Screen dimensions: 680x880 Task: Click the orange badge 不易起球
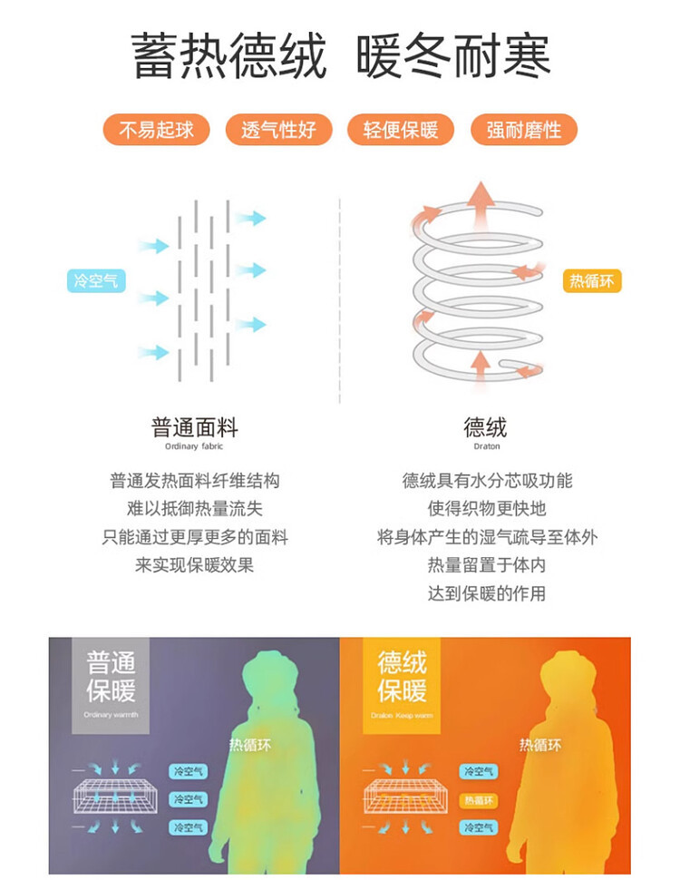[x=156, y=130]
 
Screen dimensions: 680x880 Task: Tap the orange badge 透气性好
[x=278, y=130]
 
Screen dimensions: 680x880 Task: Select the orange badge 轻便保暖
[x=401, y=130]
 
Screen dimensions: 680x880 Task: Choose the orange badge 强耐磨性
[x=523, y=130]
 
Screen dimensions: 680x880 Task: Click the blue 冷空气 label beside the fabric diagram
[x=95, y=281]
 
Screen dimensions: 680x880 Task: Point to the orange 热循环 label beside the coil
[x=591, y=281]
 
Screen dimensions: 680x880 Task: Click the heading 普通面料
[x=194, y=427]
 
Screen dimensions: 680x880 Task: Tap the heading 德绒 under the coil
[x=486, y=427]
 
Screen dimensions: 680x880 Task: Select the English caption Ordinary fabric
[x=194, y=446]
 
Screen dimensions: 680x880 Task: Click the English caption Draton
[x=486, y=446]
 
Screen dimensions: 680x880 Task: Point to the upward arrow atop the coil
[x=481, y=195]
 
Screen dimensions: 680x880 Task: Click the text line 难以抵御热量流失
[x=194, y=509]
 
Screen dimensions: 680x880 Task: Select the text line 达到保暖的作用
[x=487, y=593]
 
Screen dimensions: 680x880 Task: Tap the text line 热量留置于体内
[x=487, y=565]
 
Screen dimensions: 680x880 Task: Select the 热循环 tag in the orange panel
[x=478, y=800]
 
